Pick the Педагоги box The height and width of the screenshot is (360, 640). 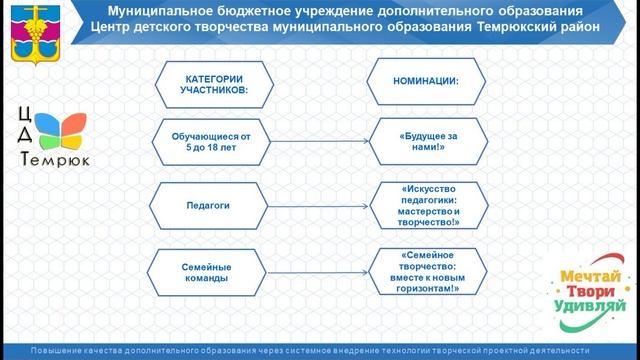208,205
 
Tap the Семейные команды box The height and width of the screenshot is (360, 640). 208,273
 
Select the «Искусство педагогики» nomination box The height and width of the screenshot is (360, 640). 428,205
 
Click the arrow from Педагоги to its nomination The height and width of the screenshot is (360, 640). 318,205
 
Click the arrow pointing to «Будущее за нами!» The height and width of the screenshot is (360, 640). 318,141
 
